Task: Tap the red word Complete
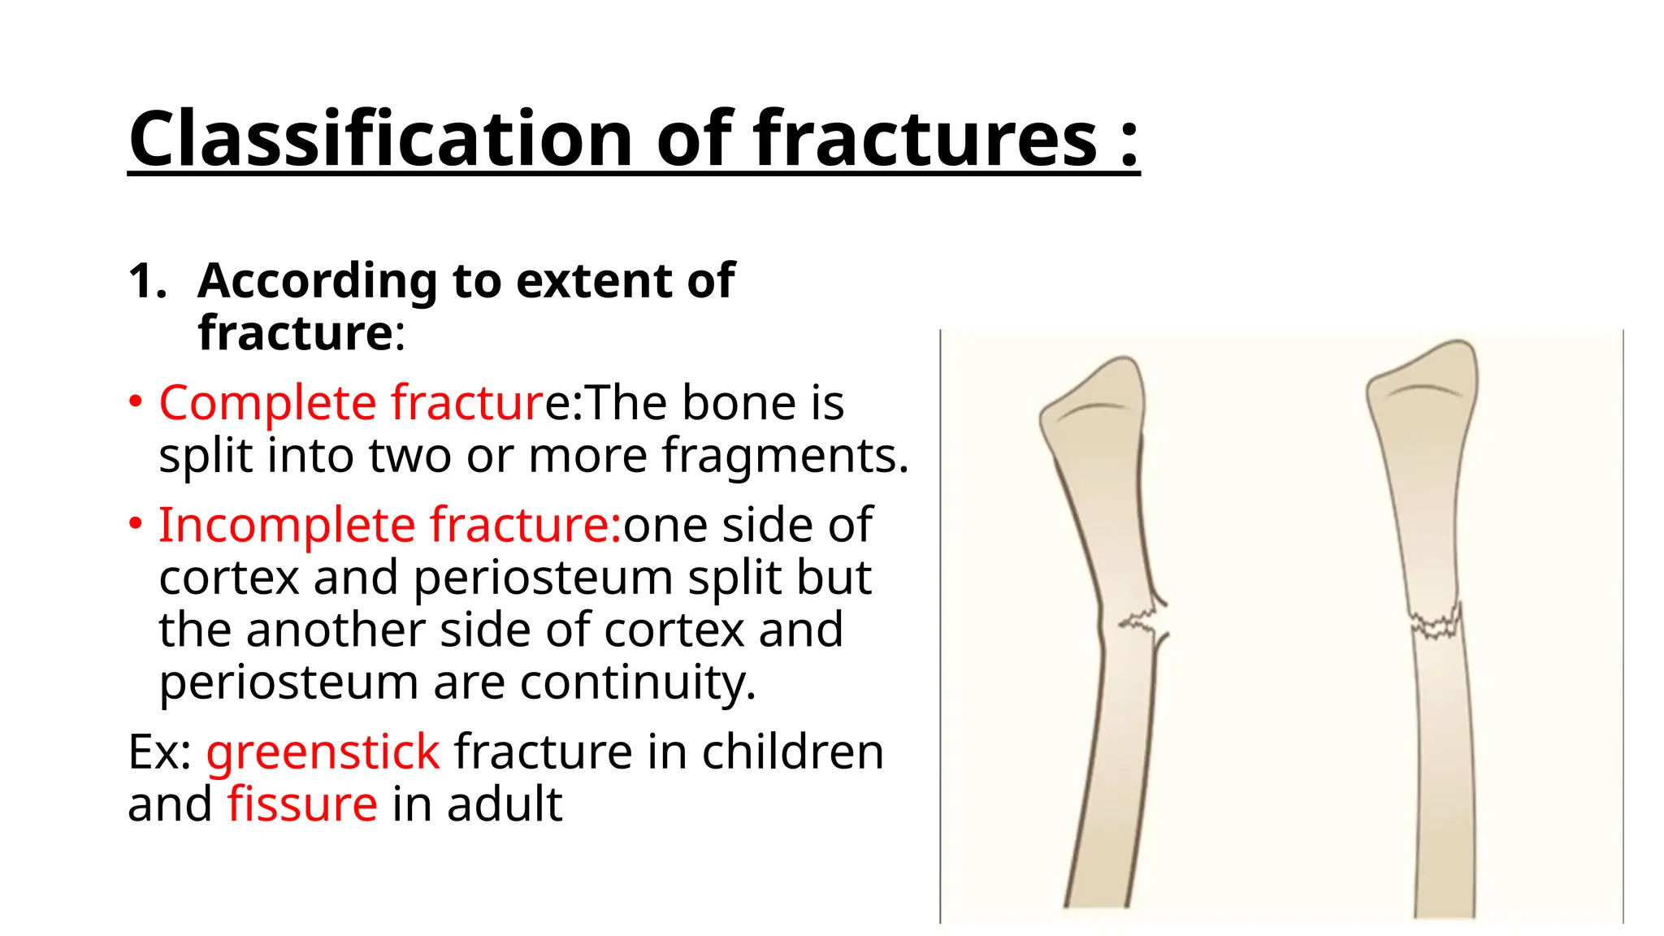click(x=267, y=403)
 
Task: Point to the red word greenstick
click(x=323, y=752)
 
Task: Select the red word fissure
click(x=301, y=804)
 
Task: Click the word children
click(x=792, y=752)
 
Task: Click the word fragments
click(x=784, y=456)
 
